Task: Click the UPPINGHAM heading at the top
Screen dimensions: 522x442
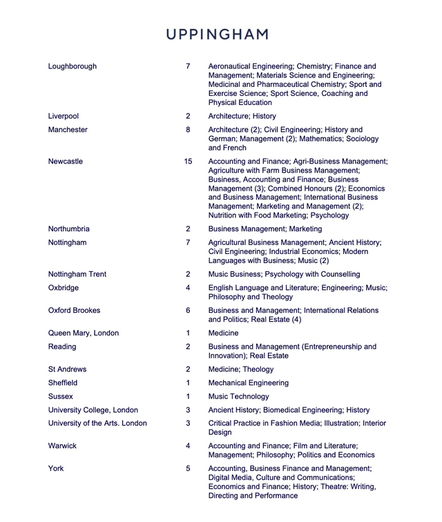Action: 217,34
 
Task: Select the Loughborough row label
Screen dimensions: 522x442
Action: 73,66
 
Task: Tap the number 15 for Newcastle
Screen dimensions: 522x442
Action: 188,162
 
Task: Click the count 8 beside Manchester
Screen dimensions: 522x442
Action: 188,130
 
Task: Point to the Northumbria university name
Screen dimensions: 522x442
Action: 69,229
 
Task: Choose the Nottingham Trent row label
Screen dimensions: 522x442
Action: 77,274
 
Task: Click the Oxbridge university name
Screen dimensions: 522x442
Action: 64,288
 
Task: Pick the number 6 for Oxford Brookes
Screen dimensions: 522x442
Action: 188,311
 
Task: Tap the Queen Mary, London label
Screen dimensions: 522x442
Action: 84,333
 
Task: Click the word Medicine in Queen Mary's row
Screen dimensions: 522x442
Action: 224,333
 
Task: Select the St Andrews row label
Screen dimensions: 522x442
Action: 68,369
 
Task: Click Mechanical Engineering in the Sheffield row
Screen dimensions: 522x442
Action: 249,383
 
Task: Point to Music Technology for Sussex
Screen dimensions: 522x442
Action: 239,397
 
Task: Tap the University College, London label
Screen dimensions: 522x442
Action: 93,410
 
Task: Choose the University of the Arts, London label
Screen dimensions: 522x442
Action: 97,423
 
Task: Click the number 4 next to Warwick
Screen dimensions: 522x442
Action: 188,446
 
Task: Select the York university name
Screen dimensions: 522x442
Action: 56,469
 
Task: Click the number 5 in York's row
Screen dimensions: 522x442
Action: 188,469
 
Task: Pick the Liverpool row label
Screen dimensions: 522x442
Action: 64,117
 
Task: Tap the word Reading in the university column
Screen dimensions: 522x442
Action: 62,347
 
